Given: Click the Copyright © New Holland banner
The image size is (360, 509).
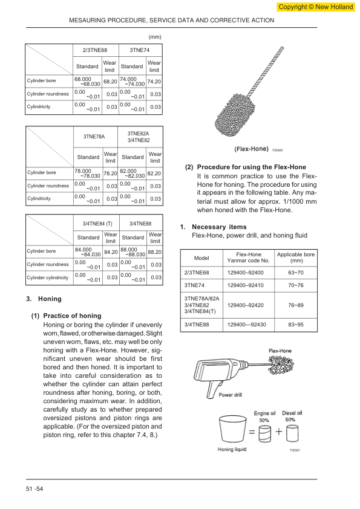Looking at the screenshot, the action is tap(315, 7).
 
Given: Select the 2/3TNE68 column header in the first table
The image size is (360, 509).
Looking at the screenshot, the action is tap(95, 50).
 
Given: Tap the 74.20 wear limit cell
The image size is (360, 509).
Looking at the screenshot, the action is tap(154, 82).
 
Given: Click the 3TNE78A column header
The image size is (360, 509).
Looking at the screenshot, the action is tap(94, 137).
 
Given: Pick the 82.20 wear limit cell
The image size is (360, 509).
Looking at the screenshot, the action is tap(154, 173).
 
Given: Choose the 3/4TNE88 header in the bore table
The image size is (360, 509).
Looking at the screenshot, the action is tap(140, 223).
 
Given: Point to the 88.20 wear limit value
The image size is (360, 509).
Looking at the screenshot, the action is tap(155, 252).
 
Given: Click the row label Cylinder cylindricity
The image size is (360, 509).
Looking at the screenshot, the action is tap(48, 277).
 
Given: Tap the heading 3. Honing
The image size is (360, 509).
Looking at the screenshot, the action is tap(44, 299).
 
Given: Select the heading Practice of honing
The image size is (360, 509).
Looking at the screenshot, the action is tap(72, 316).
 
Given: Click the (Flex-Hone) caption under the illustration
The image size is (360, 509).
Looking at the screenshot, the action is tap(251, 149).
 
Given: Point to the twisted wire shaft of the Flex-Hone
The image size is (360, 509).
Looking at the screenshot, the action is tap(265, 72).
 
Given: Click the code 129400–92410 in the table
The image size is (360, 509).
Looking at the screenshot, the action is tap(245, 285).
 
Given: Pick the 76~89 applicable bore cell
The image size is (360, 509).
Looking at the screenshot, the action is tap(296, 305).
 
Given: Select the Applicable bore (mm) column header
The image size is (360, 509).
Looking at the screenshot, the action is tap(296, 258).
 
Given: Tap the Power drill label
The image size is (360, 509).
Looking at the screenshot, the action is tap(230, 395).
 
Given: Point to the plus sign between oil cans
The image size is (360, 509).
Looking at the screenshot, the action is tap(279, 432).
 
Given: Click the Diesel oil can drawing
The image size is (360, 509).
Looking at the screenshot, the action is tap(292, 433).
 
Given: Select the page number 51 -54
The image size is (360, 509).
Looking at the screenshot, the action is tap(34, 489).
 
